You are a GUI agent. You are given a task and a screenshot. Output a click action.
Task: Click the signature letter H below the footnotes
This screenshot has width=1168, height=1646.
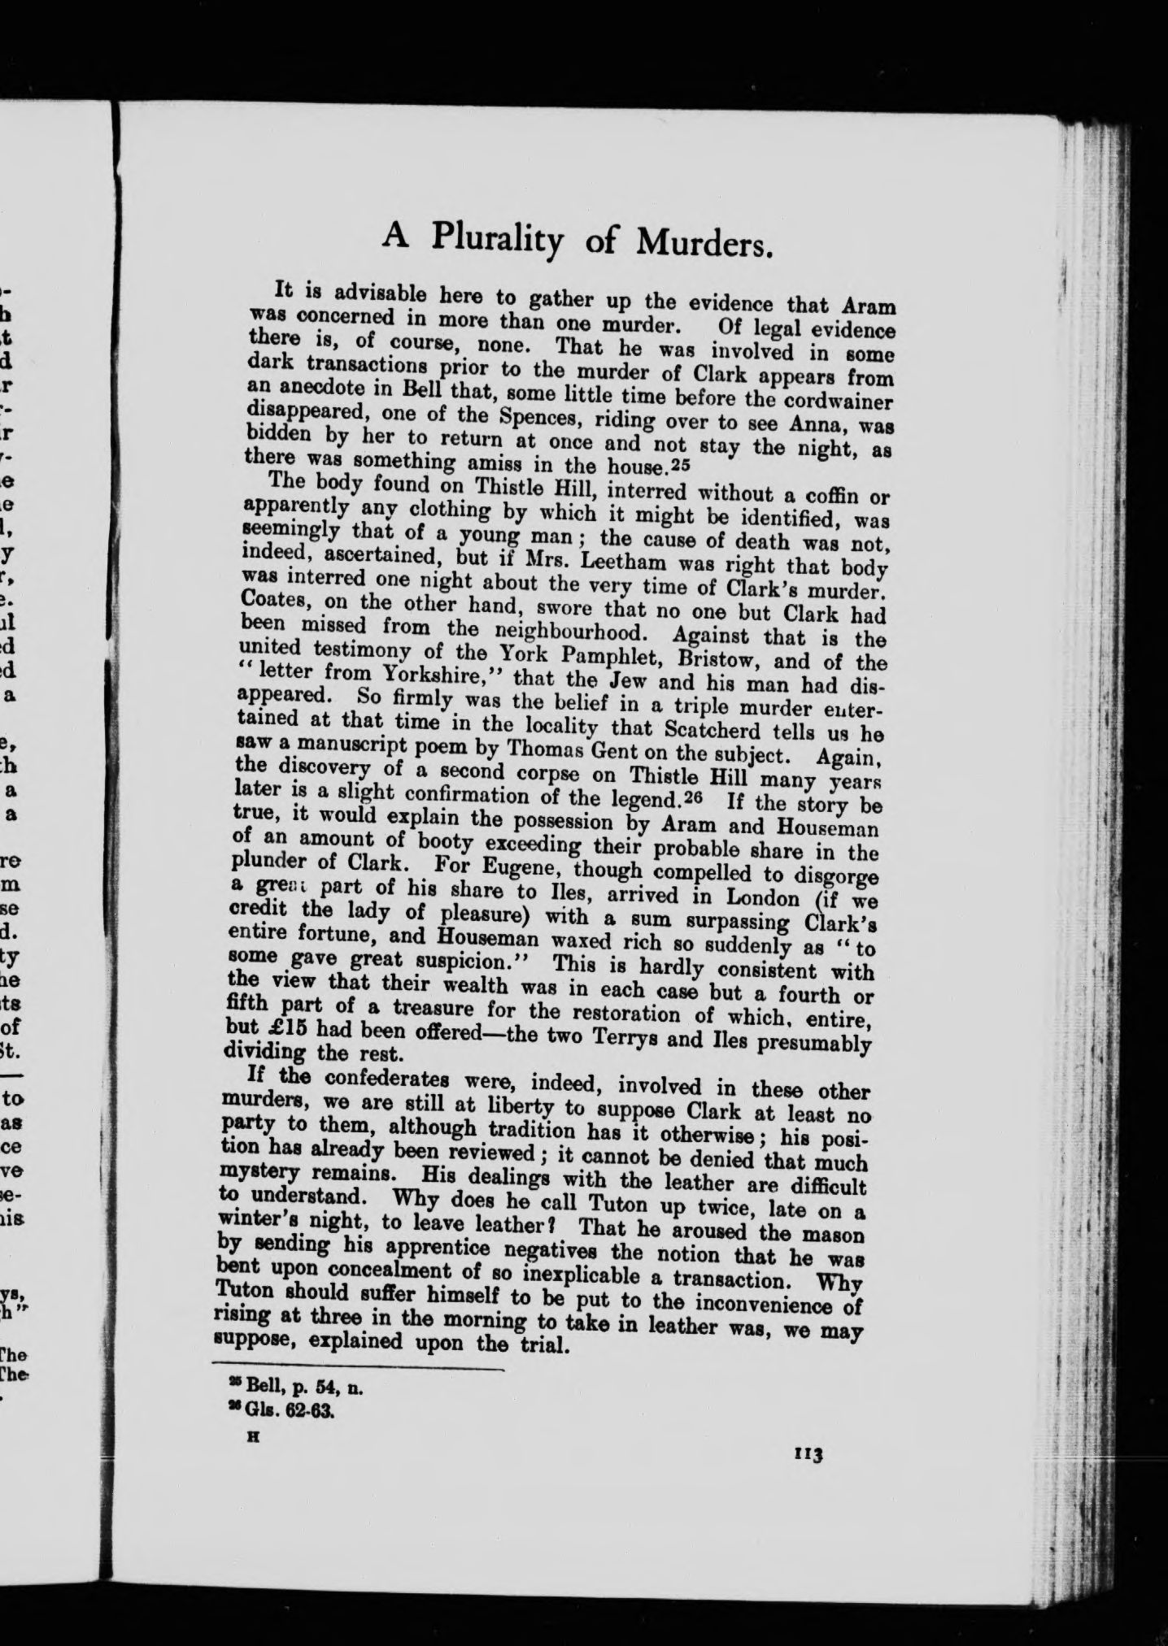[x=251, y=1436]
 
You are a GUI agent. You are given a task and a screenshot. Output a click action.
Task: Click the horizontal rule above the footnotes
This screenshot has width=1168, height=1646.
[x=357, y=1369]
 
